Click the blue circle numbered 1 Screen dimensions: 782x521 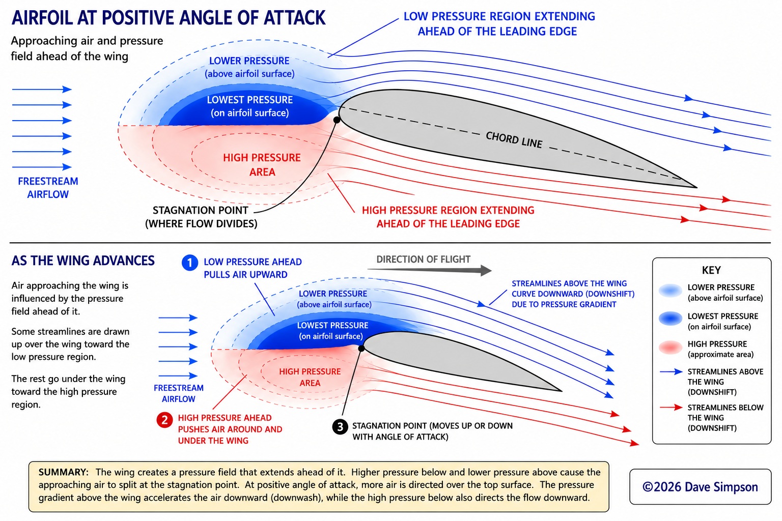click(190, 263)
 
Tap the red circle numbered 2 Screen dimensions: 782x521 click(164, 419)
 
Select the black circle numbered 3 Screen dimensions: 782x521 click(340, 427)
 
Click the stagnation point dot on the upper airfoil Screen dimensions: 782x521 click(337, 120)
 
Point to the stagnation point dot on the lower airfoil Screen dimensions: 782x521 click(361, 348)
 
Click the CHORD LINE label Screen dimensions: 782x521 click(514, 140)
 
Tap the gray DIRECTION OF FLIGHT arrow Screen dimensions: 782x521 click(429, 270)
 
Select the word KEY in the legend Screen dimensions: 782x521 click(711, 270)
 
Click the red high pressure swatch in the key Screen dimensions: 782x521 click(671, 348)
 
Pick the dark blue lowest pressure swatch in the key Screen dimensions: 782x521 click(671, 319)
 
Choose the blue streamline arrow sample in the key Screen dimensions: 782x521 click(671, 371)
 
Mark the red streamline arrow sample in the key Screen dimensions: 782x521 click(671, 407)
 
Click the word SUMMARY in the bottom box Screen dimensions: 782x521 click(63, 472)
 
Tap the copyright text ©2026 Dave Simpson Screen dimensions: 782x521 click(700, 487)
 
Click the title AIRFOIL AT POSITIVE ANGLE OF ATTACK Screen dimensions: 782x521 click(169, 18)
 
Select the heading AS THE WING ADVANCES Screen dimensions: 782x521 click(83, 260)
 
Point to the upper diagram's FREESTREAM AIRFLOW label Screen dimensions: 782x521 click(48, 188)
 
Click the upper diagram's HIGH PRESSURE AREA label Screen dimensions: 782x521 click(262, 165)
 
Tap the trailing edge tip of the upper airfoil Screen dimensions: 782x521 click(697, 187)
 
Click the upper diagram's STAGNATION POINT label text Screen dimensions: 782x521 click(201, 217)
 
